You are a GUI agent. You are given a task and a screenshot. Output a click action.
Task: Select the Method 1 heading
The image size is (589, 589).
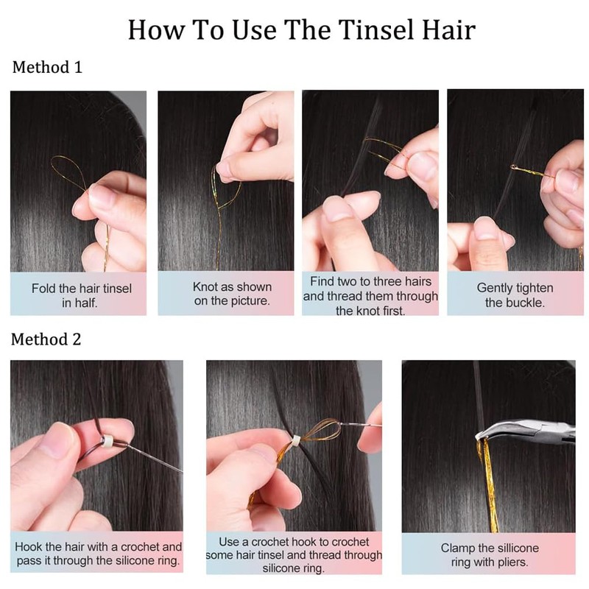tap(47, 68)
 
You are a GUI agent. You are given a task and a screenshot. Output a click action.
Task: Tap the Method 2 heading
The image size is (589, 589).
tap(47, 339)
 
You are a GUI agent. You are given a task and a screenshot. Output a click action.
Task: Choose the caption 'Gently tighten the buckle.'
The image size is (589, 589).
tap(515, 295)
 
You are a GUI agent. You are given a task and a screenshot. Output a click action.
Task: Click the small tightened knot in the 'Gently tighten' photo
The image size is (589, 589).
tap(513, 168)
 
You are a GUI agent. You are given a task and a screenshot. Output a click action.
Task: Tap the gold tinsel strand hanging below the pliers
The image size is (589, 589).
tap(487, 486)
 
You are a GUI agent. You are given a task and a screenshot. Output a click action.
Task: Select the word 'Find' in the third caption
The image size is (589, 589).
tap(324, 281)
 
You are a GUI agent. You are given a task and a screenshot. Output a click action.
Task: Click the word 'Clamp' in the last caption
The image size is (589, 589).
tap(458, 549)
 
